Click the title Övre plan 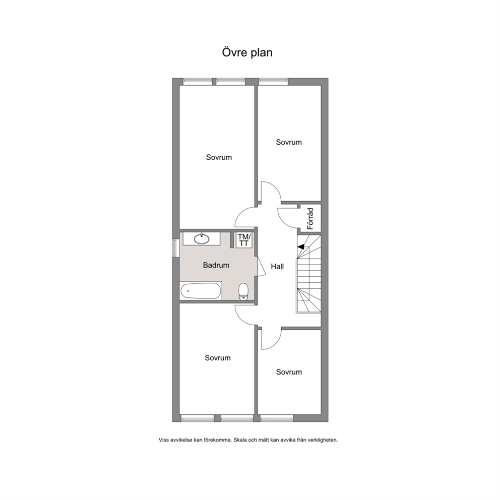[x=247, y=52]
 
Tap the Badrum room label [x=216, y=265]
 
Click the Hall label [x=277, y=266]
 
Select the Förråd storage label [x=310, y=219]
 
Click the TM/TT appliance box [x=244, y=240]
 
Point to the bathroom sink [x=202, y=238]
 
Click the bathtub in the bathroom [x=201, y=290]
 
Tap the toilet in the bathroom [x=243, y=291]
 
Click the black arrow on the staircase [x=301, y=246]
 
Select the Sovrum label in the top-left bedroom [x=219, y=157]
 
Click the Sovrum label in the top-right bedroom [x=289, y=142]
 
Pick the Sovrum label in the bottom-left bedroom [x=218, y=358]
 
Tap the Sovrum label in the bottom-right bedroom [x=289, y=372]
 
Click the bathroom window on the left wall [x=174, y=247]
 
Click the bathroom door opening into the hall [x=262, y=266]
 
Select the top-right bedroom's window [x=274, y=81]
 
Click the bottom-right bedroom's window [x=277, y=418]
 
